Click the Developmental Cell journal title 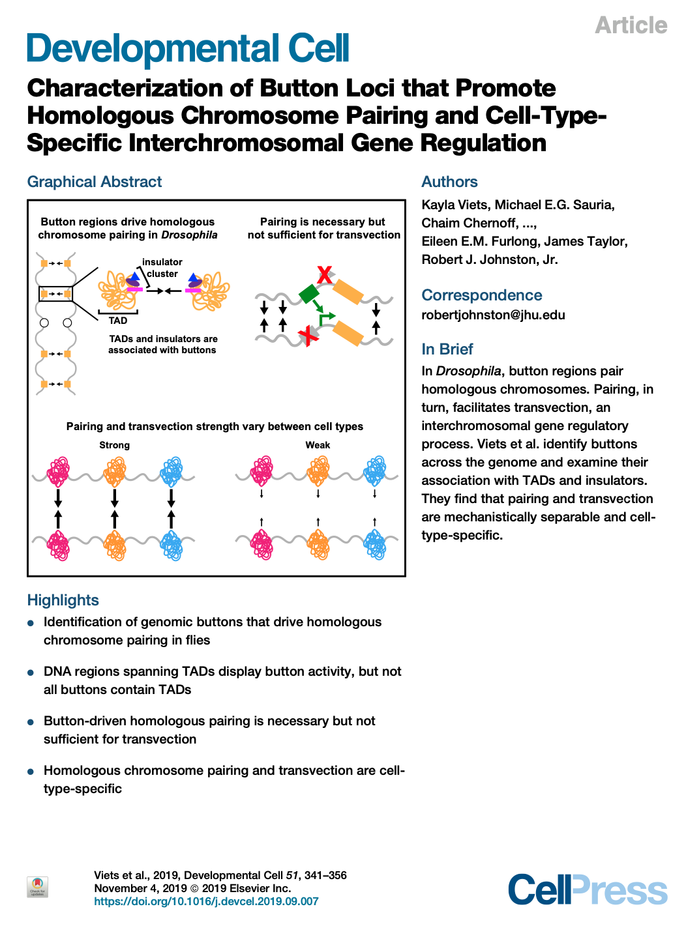click(188, 50)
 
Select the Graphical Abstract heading click(95, 182)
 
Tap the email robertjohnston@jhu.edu click(493, 315)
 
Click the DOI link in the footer click(206, 901)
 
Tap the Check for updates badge click(38, 887)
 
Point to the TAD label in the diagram click(118, 321)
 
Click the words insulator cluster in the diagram click(162, 268)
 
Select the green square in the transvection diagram click(310, 293)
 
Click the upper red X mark click(325, 275)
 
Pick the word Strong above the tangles click(115, 445)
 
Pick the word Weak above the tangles click(318, 445)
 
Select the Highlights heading click(63, 600)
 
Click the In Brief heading click(447, 349)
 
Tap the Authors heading click(449, 182)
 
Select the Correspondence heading click(482, 295)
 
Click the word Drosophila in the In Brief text click(468, 371)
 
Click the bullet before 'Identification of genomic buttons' click(31, 623)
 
